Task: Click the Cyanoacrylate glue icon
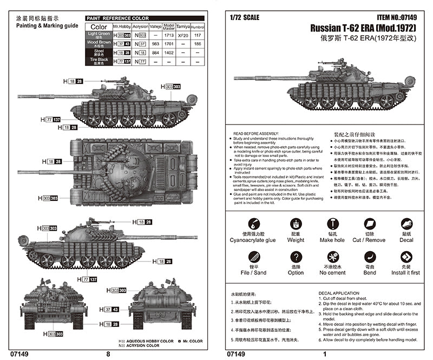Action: [252, 224]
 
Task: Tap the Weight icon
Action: [296, 224]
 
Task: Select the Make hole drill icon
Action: [332, 224]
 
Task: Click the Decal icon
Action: [406, 224]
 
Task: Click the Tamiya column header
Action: [184, 25]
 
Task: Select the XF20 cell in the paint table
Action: [184, 34]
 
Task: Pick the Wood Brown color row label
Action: [99, 43]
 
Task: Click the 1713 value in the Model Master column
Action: [169, 34]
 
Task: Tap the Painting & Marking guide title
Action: [47, 25]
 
